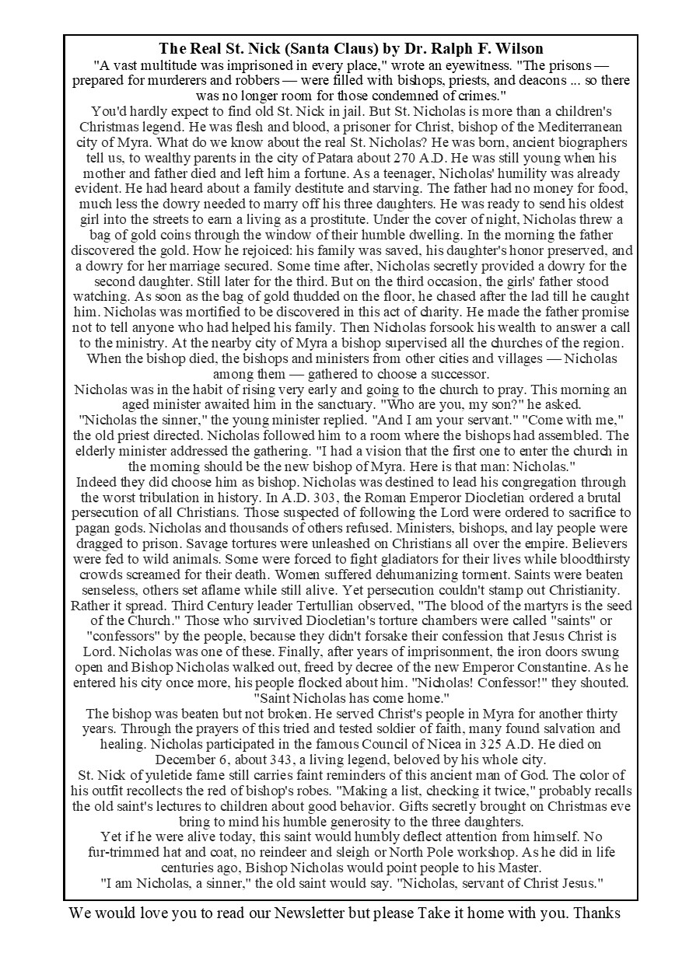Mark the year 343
(284, 760)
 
